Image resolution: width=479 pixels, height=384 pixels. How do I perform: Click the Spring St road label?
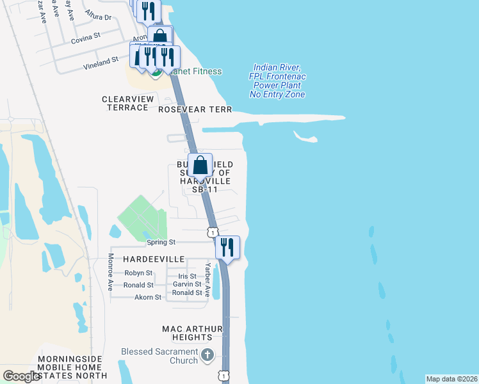pyautogui.click(x=161, y=243)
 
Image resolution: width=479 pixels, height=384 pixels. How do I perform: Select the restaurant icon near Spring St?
pyautogui.click(x=227, y=246)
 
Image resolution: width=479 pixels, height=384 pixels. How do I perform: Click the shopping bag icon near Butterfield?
pyautogui.click(x=200, y=165)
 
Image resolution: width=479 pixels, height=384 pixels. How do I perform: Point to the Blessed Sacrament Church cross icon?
pyautogui.click(x=207, y=355)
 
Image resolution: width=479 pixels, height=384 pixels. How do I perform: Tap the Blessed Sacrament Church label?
pyautogui.click(x=159, y=356)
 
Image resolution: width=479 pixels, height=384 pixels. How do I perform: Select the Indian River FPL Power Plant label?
pyautogui.click(x=278, y=81)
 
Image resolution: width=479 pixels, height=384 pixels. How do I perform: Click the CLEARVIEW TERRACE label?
pyautogui.click(x=128, y=104)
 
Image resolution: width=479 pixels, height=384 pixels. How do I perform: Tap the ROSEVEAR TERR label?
pyautogui.click(x=191, y=109)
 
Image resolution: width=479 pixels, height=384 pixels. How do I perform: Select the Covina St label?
pyautogui.click(x=86, y=36)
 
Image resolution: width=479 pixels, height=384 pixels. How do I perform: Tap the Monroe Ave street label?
pyautogui.click(x=110, y=272)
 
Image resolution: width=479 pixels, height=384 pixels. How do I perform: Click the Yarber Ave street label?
pyautogui.click(x=207, y=280)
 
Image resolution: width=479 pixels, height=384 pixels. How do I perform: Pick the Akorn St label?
pyautogui.click(x=148, y=298)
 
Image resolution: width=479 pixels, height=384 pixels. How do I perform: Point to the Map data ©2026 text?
pyautogui.click(x=451, y=379)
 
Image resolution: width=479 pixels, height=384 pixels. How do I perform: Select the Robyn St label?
pyautogui.click(x=138, y=273)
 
